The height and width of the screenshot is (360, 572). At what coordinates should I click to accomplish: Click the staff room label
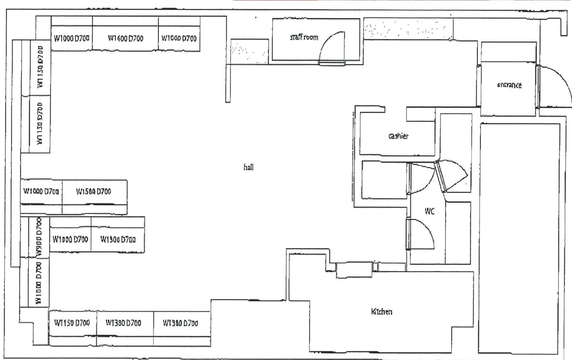304,37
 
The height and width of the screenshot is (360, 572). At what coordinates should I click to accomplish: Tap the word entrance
509,85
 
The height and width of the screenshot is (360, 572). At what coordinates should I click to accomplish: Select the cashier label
398,137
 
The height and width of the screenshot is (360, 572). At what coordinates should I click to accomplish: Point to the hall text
248,167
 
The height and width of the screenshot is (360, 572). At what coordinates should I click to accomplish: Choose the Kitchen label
382,312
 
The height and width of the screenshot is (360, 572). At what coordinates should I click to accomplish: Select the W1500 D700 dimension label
94,191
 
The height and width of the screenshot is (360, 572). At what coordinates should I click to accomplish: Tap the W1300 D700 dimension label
118,239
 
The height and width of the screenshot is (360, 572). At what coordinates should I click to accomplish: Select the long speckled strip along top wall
407,30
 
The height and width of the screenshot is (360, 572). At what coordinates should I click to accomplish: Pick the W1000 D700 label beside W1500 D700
41,191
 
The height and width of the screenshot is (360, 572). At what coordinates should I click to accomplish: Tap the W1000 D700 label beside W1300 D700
70,239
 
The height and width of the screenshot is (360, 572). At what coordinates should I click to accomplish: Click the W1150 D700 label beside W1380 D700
72,323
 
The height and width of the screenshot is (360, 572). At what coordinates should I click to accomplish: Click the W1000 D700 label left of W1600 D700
72,38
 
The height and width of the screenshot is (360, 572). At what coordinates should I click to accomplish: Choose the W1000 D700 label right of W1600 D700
179,38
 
